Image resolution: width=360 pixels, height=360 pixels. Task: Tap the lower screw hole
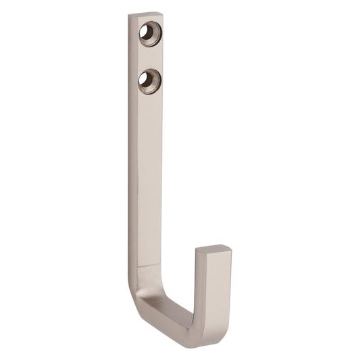(147, 79)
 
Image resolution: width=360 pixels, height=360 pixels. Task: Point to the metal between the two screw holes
(149, 55)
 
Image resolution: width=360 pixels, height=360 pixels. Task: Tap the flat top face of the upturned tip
(213, 251)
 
